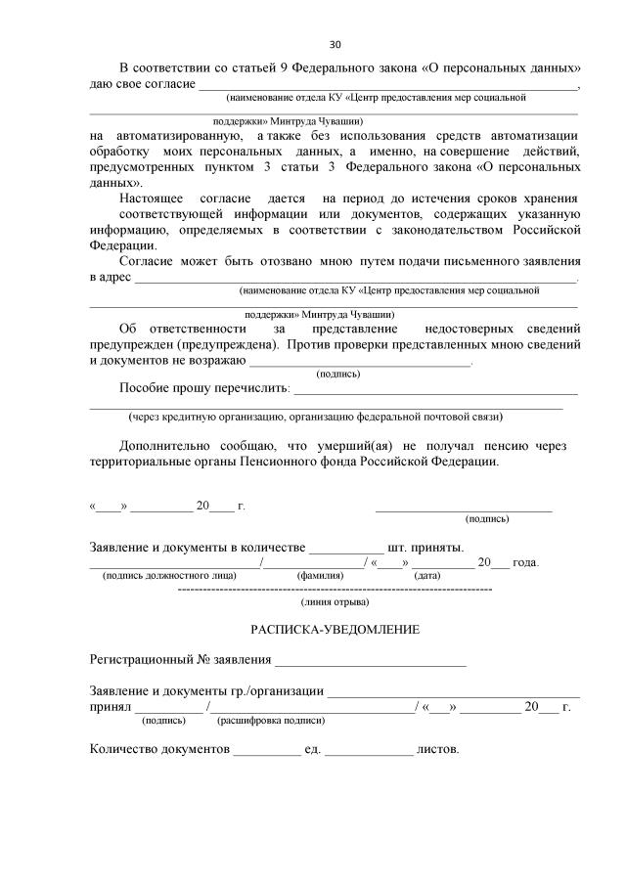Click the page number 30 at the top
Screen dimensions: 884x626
coord(335,45)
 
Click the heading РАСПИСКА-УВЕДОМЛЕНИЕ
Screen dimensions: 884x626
coord(335,629)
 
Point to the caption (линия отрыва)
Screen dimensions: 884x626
coord(335,603)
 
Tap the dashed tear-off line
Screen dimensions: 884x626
coord(335,591)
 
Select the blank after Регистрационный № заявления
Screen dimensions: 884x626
coord(371,663)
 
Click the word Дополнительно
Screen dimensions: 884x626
coord(161,445)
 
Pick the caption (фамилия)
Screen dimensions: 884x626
coord(320,576)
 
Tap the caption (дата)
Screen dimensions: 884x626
coord(427,576)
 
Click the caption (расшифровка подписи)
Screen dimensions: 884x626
coord(271,720)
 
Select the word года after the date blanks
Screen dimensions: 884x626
coord(527,562)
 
